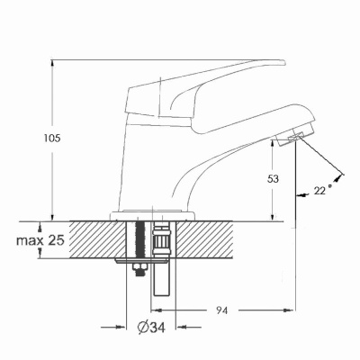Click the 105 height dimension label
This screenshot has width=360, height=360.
point(52,139)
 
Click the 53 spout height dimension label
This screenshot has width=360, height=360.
point(273,179)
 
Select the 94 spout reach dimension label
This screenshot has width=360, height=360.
point(221,310)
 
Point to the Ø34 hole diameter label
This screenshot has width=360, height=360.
point(151,327)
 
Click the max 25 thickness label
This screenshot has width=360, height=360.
point(40,240)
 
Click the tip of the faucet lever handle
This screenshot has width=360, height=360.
point(284,62)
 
